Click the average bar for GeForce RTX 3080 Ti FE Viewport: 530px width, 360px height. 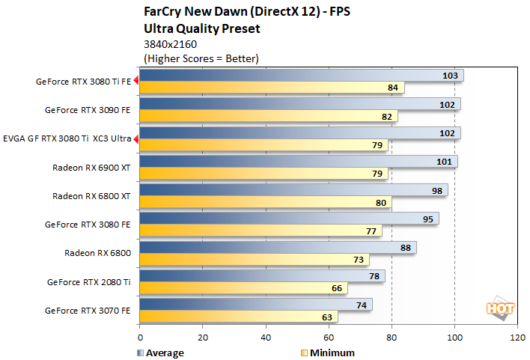(x=299, y=76)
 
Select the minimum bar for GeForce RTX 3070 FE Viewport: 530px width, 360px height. (x=238, y=317)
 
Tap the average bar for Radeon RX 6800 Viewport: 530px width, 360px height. (x=277, y=248)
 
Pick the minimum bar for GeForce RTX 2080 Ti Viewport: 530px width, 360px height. (x=243, y=288)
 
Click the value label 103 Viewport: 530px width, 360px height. (x=449, y=76)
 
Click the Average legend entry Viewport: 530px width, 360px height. (x=161, y=353)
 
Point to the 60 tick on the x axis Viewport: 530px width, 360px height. (x=329, y=338)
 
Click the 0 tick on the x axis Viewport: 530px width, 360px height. (x=140, y=338)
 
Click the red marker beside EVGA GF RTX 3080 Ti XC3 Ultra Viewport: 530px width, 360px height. (x=136, y=138)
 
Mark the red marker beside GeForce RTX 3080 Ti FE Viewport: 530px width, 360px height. (x=136, y=81)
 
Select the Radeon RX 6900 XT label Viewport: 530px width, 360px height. (x=91, y=168)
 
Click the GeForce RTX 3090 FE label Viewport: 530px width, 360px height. (x=88, y=109)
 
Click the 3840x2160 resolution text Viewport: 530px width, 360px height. (x=172, y=44)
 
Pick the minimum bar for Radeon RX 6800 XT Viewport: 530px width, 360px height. (x=266, y=202)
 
